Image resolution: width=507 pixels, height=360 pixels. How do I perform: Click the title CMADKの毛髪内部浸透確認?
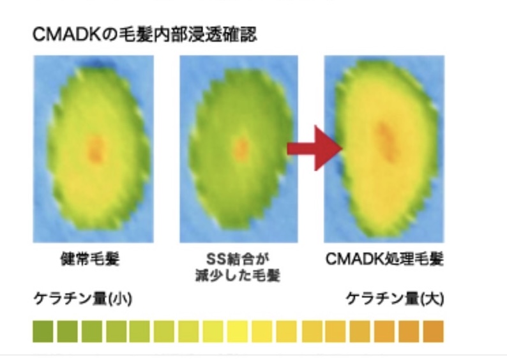(x=145, y=34)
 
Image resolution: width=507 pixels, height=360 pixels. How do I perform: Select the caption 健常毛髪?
(x=90, y=259)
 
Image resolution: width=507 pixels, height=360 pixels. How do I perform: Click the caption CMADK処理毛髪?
(x=384, y=259)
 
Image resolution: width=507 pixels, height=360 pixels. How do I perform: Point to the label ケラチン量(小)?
(x=83, y=299)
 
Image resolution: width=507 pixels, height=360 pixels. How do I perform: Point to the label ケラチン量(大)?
(x=395, y=299)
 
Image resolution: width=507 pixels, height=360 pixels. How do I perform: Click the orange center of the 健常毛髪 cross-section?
(x=95, y=148)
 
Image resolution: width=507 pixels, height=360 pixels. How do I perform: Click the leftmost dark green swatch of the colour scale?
(x=43, y=331)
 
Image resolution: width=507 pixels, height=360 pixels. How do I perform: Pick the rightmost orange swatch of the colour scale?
(x=434, y=331)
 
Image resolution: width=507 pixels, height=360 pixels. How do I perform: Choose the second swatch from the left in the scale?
(x=67, y=331)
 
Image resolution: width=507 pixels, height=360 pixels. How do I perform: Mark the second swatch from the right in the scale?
(x=409, y=331)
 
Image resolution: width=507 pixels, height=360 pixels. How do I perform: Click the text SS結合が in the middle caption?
(x=238, y=259)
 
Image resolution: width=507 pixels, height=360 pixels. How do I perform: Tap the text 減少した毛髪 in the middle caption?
(x=238, y=276)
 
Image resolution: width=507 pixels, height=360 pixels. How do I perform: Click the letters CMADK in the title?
(x=67, y=34)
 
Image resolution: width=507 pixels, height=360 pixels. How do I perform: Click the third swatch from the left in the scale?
(x=92, y=331)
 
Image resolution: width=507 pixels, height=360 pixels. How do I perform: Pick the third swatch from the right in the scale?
(x=384, y=331)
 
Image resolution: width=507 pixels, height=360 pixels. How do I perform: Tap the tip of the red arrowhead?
(x=342, y=148)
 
